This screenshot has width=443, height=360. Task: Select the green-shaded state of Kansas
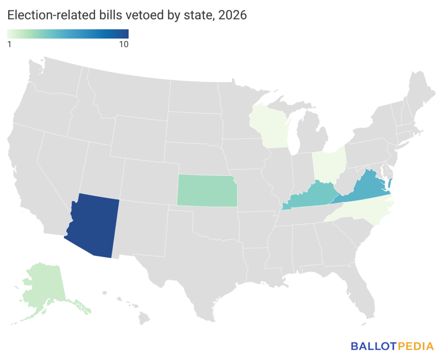click(207, 191)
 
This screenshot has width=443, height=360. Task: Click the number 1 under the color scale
click(10, 45)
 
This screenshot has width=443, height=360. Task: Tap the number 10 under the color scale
click(124, 45)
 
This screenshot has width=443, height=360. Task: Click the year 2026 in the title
click(232, 15)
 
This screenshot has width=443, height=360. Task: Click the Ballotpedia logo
click(392, 346)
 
